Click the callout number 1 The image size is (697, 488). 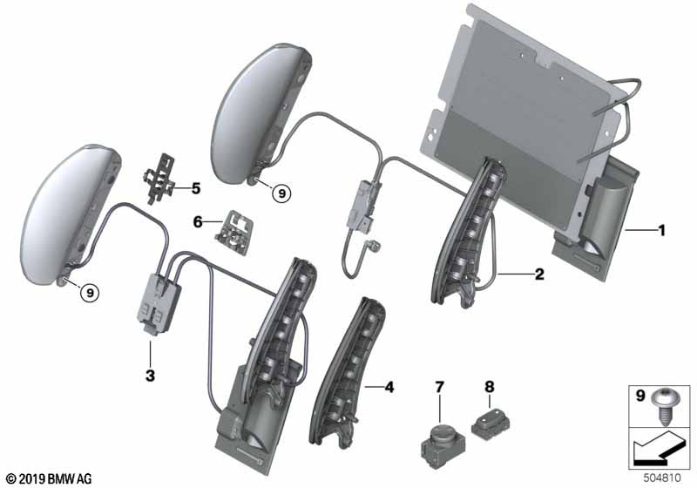[662, 231]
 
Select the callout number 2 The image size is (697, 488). [539, 274]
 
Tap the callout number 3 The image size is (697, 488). [150, 376]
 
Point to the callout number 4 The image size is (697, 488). [389, 387]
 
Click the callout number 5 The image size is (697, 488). [195, 188]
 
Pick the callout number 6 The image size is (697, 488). [198, 221]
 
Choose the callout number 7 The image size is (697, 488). [439, 387]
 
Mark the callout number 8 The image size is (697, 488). [490, 387]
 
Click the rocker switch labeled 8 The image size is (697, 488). [491, 424]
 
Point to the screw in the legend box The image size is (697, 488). [664, 407]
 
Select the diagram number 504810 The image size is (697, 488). [662, 478]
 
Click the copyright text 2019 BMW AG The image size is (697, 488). [50, 479]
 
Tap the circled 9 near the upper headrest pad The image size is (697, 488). [281, 193]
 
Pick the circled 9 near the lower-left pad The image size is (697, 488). [91, 293]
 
